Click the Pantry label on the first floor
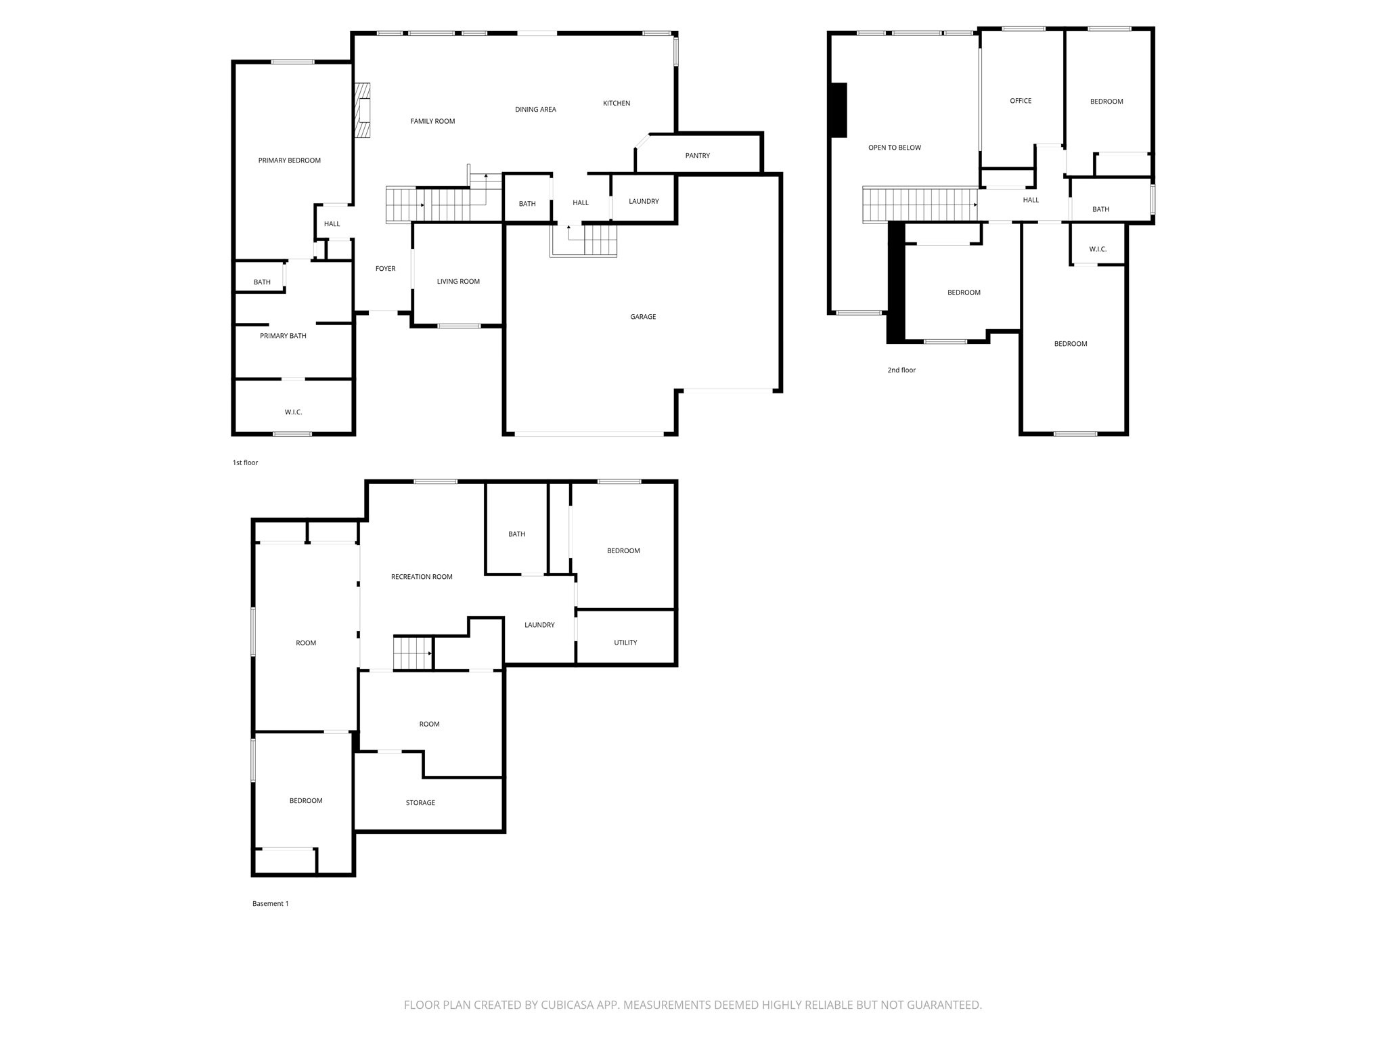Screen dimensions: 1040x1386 pyautogui.click(x=697, y=156)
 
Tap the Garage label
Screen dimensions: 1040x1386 pyautogui.click(x=643, y=317)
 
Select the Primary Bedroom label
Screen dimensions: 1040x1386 pyautogui.click(x=289, y=160)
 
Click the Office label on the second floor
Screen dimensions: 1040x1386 pyautogui.click(x=1021, y=101)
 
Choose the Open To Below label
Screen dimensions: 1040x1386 pyautogui.click(x=894, y=148)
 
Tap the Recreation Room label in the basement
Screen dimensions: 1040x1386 pyautogui.click(x=422, y=577)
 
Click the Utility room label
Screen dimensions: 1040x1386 pyautogui.click(x=625, y=643)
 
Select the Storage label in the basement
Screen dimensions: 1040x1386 pyautogui.click(x=420, y=802)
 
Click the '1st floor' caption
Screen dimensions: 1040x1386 pyautogui.click(x=245, y=463)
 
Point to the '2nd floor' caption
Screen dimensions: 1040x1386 pyautogui.click(x=901, y=370)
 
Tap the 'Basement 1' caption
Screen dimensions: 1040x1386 pyautogui.click(x=270, y=903)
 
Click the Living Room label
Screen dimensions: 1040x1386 pyautogui.click(x=458, y=282)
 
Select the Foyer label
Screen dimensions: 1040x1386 pyautogui.click(x=385, y=269)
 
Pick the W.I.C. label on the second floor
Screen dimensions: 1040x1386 pyautogui.click(x=1098, y=249)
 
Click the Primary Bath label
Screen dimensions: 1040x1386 pyautogui.click(x=283, y=336)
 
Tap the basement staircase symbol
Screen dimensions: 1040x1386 pyautogui.click(x=413, y=653)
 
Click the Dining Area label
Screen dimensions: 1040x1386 pyautogui.click(x=535, y=110)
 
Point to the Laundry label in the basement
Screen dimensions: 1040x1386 pyautogui.click(x=539, y=625)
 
